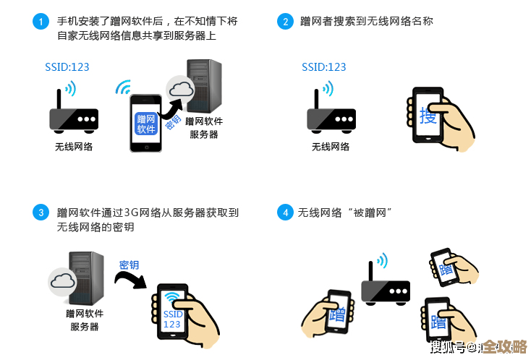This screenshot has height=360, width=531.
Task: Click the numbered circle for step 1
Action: [x=41, y=22]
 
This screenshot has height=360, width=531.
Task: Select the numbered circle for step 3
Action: [x=41, y=213]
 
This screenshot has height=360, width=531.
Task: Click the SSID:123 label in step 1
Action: [x=67, y=67]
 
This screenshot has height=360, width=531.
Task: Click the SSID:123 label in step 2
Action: [x=323, y=67]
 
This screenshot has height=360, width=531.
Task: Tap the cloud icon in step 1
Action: [x=180, y=90]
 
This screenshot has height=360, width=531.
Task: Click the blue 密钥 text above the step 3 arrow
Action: [x=129, y=265]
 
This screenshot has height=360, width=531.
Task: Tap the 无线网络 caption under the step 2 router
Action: [x=330, y=146]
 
